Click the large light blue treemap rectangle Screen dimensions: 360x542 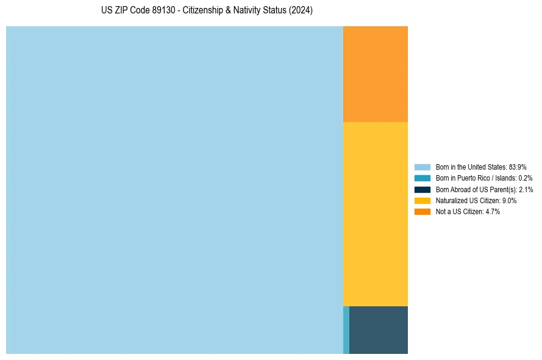coord(174,190)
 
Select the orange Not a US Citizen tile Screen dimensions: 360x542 coord(376,74)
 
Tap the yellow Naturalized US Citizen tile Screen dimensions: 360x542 coord(376,214)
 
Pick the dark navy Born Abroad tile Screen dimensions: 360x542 coord(379,329)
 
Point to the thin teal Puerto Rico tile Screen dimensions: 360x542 coord(346,329)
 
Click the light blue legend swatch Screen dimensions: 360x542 coord(423,167)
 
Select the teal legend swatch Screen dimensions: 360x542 coord(423,178)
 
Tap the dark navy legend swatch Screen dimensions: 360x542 coord(423,189)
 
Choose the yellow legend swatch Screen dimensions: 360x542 coord(423,200)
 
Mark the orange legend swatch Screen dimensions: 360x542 coord(423,211)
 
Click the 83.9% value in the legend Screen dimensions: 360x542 coord(518,167)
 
